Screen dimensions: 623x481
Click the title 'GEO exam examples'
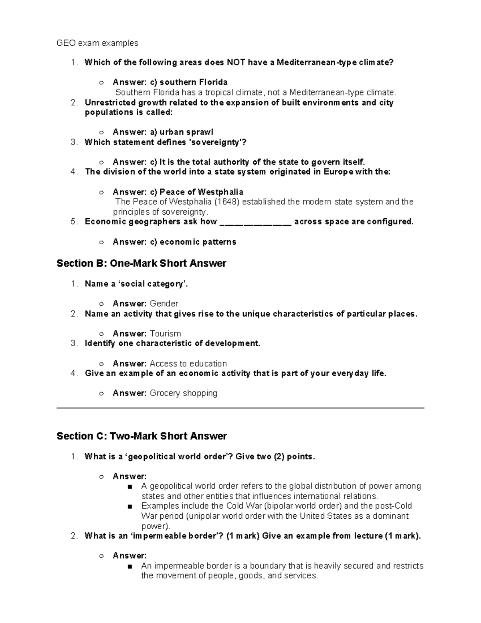[97, 43]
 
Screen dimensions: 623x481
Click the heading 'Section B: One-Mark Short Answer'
[141, 264]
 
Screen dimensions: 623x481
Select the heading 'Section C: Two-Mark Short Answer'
[142, 436]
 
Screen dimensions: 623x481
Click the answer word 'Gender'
[164, 304]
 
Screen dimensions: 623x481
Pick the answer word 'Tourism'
[165, 334]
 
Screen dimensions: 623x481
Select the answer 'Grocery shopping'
[184, 393]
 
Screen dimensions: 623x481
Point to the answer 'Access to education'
[188, 363]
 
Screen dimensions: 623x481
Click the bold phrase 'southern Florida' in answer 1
[194, 82]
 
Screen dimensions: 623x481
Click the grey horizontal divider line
[240, 408]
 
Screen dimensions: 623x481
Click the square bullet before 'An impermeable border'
[129, 566]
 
